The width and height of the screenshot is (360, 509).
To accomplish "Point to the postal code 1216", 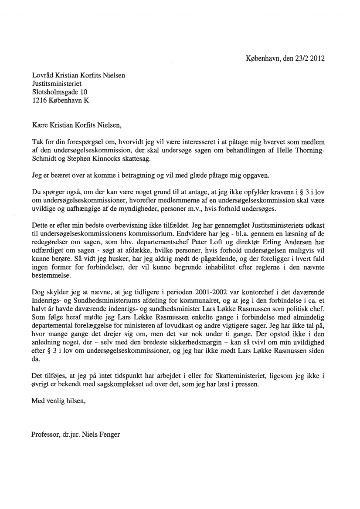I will coord(40,100).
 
